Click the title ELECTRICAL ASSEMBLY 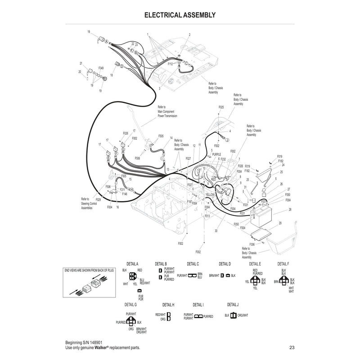coord(180,15)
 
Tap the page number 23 coord(292,347)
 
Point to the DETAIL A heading coord(132,264)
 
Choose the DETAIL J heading coord(233,305)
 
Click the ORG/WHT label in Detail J coord(242,315)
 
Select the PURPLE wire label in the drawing coord(216,154)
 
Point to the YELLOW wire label coord(211,195)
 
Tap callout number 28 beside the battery coord(290,210)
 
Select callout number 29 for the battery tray coord(280,224)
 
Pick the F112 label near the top coord(171,64)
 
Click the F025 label coord(221,107)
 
